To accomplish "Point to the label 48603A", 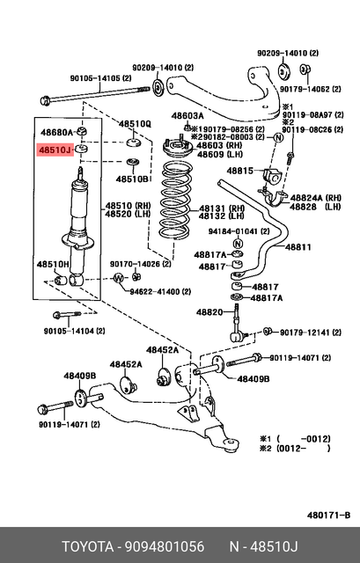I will click(x=187, y=116).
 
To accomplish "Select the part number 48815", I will click(x=241, y=170).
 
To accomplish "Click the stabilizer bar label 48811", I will click(x=297, y=248).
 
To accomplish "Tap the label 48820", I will click(x=209, y=312).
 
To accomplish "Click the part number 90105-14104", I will click(x=75, y=331).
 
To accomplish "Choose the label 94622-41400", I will click(x=162, y=291).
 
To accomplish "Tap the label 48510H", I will click(x=52, y=263).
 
